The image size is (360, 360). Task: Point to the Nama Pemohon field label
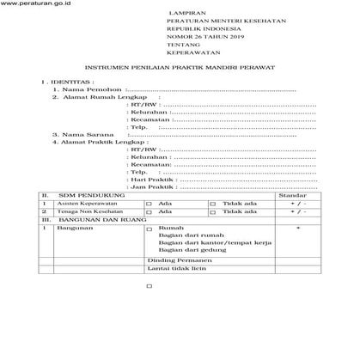click(x=89, y=112)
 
